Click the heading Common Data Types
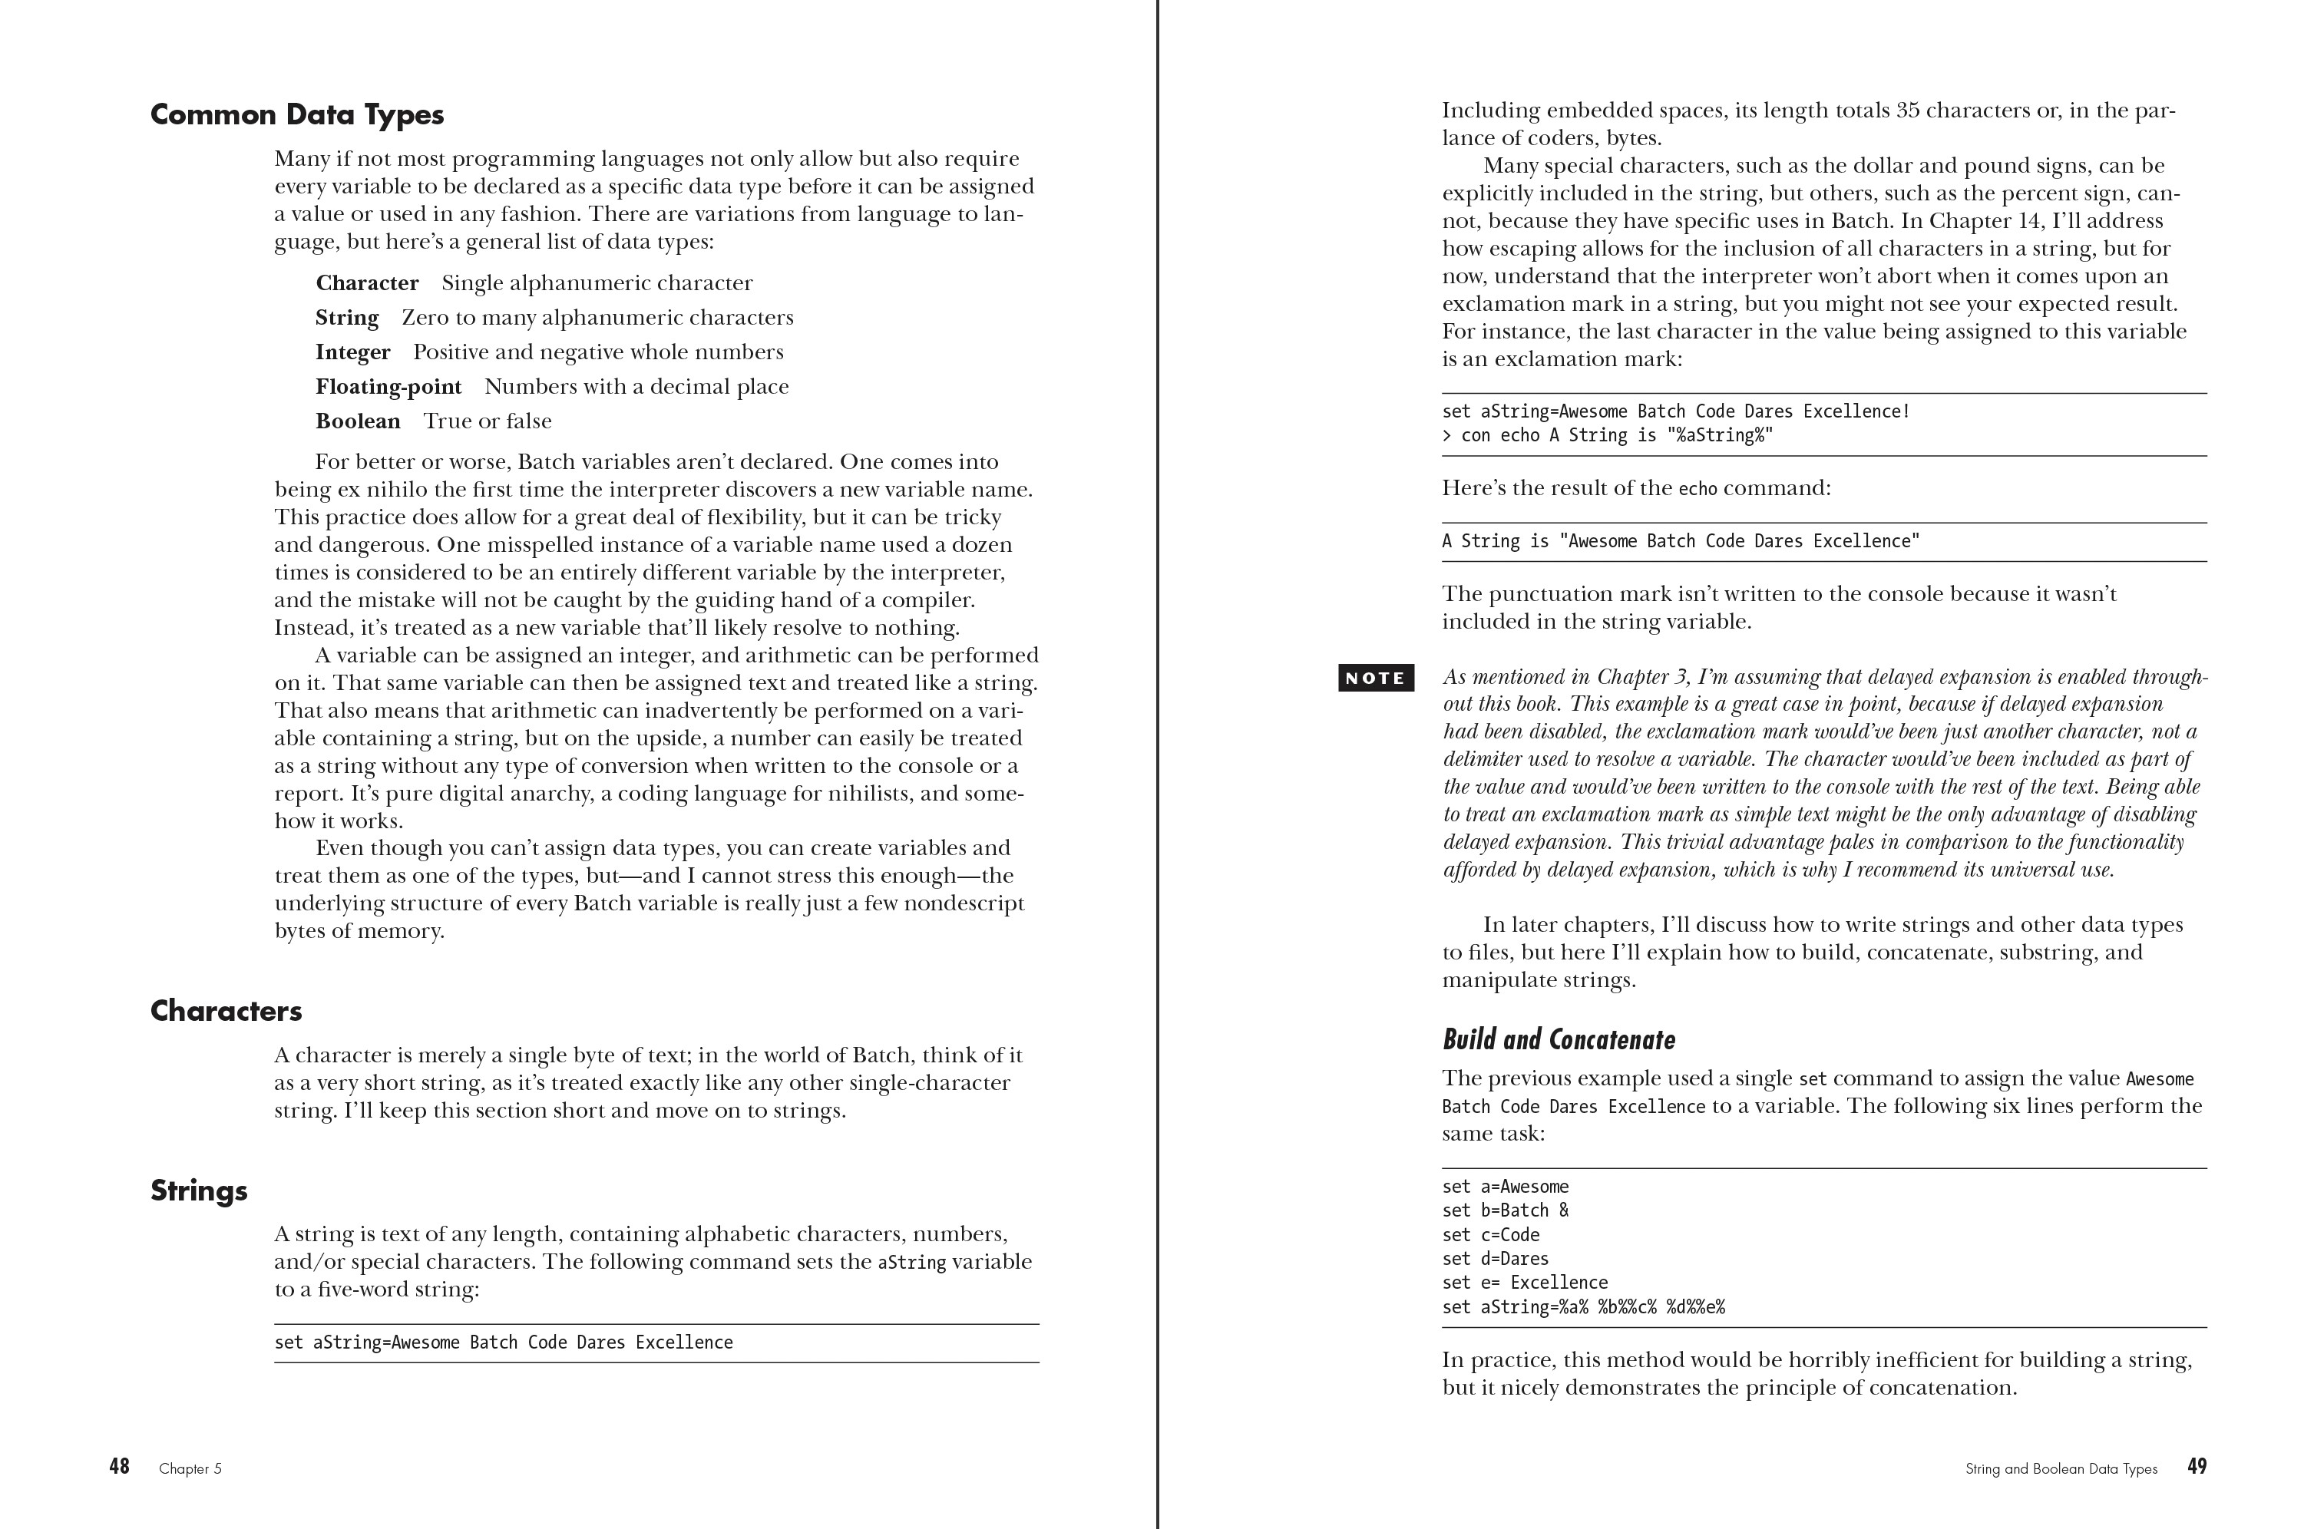(296, 115)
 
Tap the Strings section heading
(199, 1191)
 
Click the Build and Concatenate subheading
(1559, 1039)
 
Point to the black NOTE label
(1375, 678)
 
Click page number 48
(119, 1467)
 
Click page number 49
(2196, 1467)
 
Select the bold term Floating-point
(388, 387)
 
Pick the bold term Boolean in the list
(358, 421)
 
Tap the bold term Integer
(352, 352)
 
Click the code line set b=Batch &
(1505, 1211)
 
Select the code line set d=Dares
(1495, 1259)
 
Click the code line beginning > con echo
(1606, 436)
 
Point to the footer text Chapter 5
(190, 1468)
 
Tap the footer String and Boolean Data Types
(2061, 1468)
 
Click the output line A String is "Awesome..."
(1680, 542)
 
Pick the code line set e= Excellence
(1524, 1283)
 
